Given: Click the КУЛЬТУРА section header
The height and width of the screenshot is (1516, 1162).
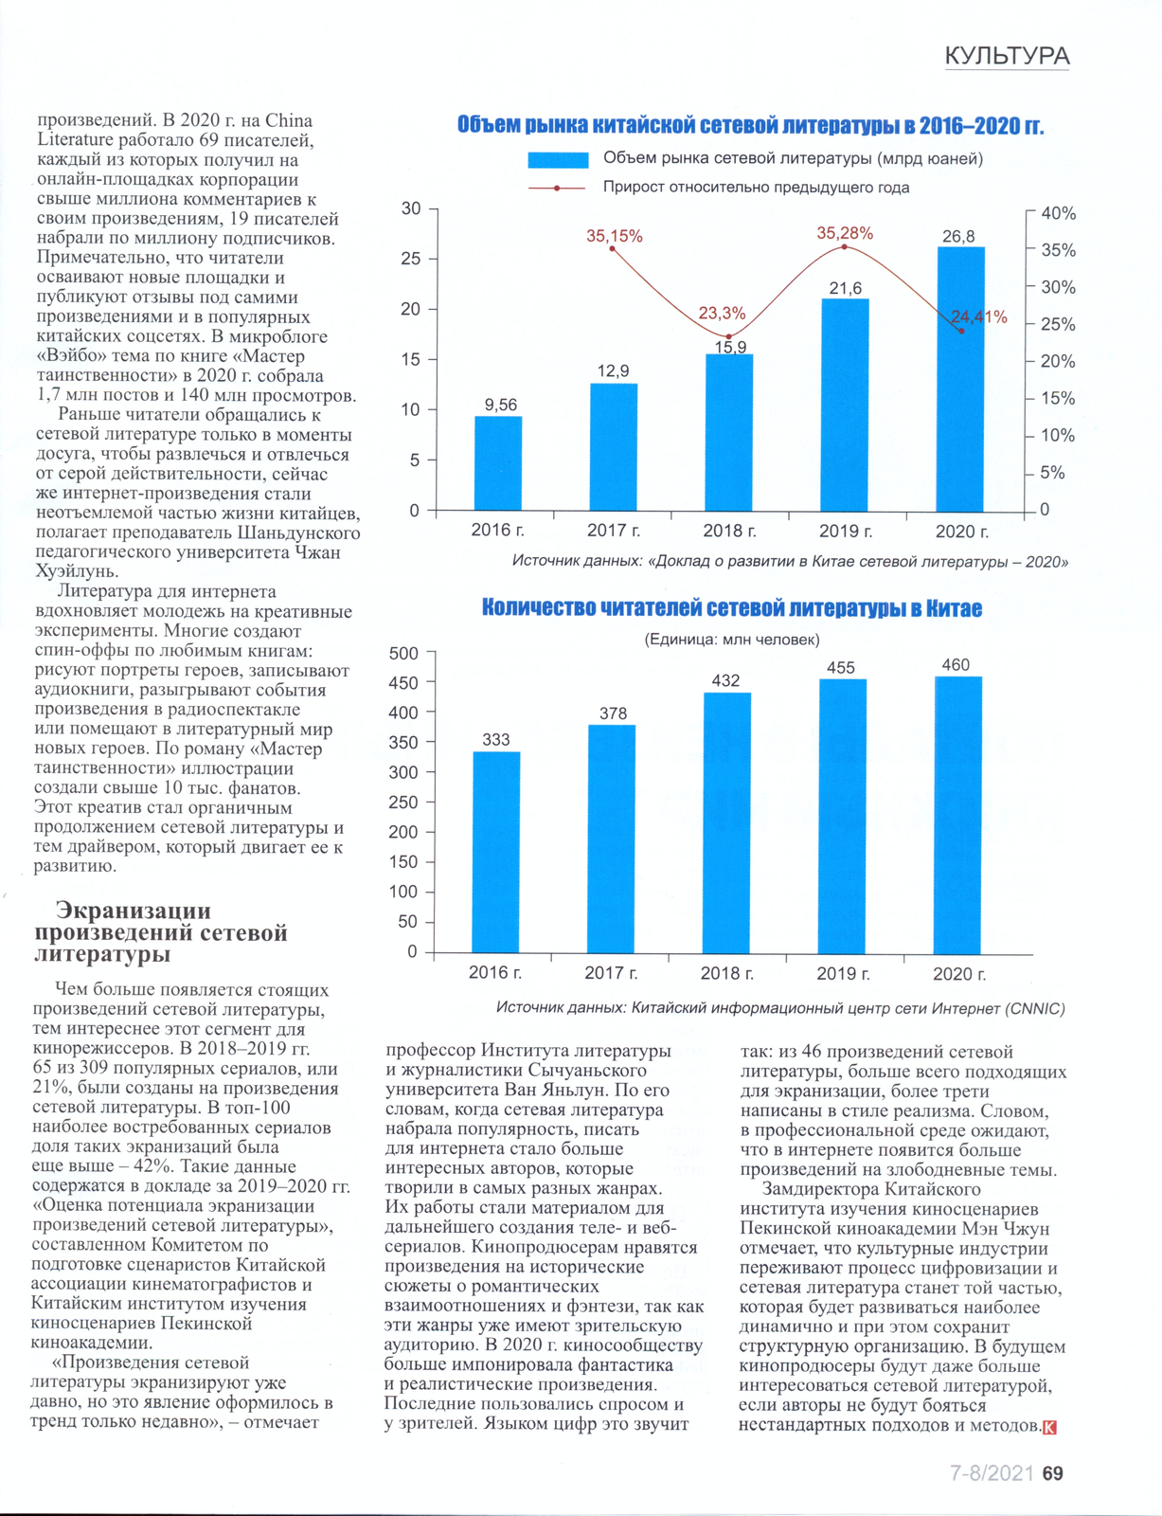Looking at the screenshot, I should (1007, 56).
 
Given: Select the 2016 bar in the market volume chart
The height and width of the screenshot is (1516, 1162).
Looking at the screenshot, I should (498, 463).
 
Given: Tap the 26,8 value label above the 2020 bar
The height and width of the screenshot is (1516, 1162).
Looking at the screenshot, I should (958, 236).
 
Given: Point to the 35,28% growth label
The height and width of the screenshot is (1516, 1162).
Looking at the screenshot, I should (845, 233).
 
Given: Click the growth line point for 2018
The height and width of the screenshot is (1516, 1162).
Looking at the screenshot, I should (728, 336).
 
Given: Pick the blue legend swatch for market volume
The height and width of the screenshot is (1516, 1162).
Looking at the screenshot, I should (559, 159).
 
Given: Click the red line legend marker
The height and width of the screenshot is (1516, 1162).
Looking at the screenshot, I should (557, 188).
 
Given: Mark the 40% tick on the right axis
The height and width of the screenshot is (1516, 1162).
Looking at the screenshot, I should (1058, 214).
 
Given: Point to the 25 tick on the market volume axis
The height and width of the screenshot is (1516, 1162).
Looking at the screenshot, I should (410, 259).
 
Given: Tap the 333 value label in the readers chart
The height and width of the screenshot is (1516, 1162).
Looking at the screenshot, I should (496, 739).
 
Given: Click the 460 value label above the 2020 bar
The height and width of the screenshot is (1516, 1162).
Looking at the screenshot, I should (956, 665).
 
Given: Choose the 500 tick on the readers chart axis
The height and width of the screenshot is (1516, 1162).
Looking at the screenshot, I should (403, 653).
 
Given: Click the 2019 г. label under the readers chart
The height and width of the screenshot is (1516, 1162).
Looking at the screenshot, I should (843, 973).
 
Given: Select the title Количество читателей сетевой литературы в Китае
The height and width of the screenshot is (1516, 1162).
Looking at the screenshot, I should (732, 608).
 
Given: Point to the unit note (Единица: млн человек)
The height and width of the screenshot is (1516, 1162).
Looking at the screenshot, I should (732, 640).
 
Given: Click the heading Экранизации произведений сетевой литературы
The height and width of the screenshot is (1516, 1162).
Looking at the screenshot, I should (161, 932).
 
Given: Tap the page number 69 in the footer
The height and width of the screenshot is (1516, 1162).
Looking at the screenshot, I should (1052, 1473).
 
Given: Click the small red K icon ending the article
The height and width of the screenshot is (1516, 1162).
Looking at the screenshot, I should (1049, 1427).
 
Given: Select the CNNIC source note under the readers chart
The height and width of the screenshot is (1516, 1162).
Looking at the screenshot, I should (780, 1008).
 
